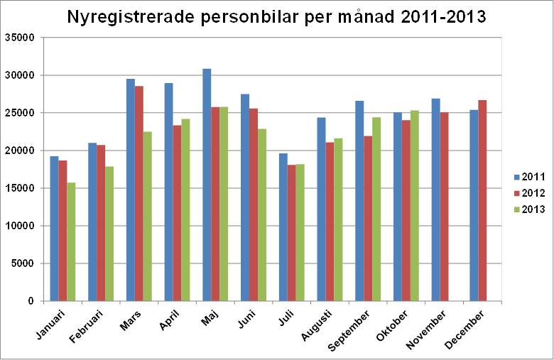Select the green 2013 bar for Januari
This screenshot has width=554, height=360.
pyautogui.click(x=71, y=241)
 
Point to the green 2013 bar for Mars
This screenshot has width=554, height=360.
pyautogui.click(x=148, y=217)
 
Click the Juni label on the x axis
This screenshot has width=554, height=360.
pyautogui.click(x=245, y=317)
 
